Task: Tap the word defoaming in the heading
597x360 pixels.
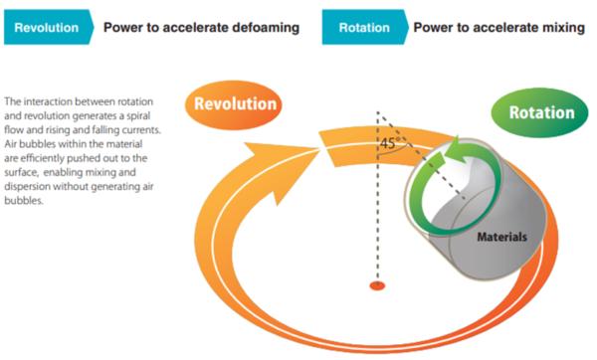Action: [x=261, y=27]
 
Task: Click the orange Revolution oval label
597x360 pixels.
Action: [x=235, y=104]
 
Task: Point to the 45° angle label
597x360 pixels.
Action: [x=389, y=145]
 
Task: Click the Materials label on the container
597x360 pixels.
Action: [x=500, y=237]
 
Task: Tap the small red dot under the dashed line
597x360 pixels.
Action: [x=376, y=286]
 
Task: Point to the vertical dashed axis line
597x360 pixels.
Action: [x=376, y=219]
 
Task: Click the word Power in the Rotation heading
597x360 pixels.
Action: [x=434, y=27]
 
